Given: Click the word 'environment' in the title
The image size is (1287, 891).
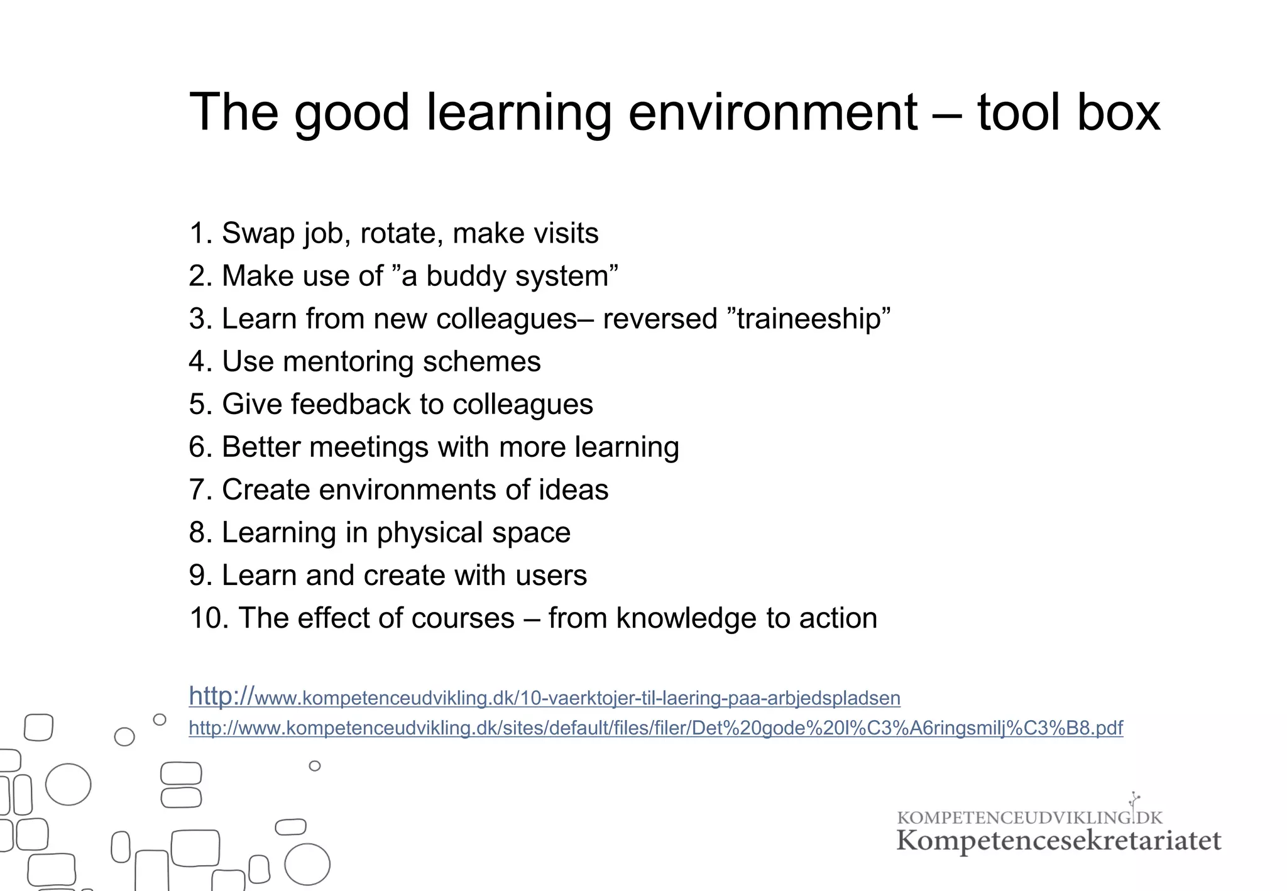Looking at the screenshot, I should [772, 113].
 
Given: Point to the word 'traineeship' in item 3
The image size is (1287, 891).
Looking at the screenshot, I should [810, 319].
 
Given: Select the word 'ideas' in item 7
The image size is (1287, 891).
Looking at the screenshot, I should [573, 490].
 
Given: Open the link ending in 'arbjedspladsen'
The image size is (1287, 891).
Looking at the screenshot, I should [544, 697].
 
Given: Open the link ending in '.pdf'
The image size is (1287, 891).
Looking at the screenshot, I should [655, 728].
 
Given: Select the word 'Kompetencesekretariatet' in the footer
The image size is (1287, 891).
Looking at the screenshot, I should [1058, 841].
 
